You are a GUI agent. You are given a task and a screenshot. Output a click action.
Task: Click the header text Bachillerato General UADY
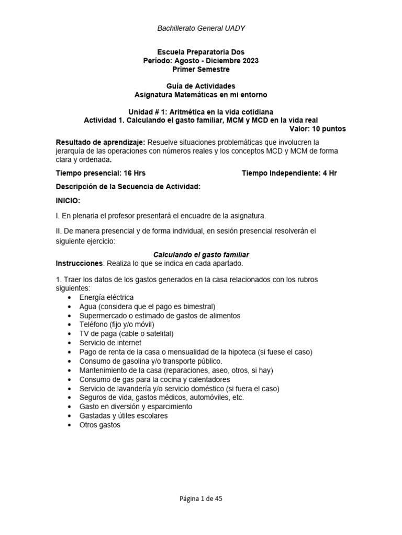201,28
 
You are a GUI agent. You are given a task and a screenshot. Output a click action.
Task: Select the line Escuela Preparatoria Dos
201,52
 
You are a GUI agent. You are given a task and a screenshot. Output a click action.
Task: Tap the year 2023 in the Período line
249,61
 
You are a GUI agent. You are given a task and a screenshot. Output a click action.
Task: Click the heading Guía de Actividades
201,86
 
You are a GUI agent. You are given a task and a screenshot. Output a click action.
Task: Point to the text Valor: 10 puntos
317,129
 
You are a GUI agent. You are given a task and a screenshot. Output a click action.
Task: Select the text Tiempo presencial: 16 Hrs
97,173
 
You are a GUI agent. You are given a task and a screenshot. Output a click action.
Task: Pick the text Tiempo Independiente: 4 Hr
289,173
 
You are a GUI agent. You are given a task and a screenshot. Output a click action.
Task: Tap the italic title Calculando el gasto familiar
201,254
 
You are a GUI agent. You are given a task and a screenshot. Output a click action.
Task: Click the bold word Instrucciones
79,263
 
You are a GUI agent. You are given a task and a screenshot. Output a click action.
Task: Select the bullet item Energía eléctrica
106,297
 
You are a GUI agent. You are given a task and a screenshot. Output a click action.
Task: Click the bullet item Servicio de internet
110,343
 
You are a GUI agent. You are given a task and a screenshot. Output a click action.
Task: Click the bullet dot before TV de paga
71,334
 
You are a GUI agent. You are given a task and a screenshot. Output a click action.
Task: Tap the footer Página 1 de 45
201,498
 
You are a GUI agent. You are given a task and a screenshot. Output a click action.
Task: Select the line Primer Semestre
201,69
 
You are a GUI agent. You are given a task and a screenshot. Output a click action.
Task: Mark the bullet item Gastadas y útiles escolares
123,416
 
